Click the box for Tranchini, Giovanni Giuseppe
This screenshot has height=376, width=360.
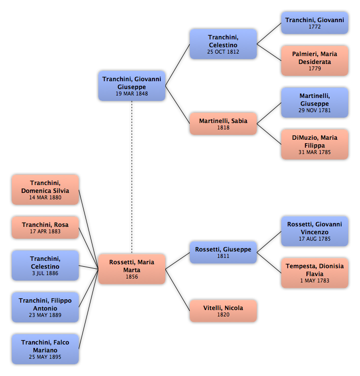coord(132,86)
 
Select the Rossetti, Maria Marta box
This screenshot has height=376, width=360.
coord(132,269)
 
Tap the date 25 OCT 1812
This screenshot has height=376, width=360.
coord(223,52)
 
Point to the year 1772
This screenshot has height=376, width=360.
coord(314,27)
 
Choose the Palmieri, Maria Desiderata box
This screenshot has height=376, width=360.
coord(314,61)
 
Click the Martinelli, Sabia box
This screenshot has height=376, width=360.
coord(223,124)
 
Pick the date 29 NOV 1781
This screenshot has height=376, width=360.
coord(314,110)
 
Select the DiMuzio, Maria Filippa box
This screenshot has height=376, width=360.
coord(314,144)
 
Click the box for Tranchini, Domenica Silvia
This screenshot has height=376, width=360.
coord(45,189)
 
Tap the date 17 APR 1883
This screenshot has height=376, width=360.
coord(45,231)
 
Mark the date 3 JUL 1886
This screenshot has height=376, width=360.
coord(45,273)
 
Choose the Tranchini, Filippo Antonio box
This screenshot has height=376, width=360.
coord(45,307)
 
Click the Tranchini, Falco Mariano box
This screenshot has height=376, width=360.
coord(45,349)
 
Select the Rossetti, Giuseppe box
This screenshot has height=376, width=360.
coord(223,252)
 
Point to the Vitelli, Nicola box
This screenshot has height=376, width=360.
coord(223,311)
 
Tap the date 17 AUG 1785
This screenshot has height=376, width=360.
coord(314,239)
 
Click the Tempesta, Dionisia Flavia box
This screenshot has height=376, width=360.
coord(314,273)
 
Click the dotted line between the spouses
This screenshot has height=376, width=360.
coord(132,178)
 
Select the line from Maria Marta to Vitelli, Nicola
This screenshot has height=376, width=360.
coord(178,290)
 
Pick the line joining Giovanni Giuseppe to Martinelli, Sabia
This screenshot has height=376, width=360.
coord(178,105)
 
